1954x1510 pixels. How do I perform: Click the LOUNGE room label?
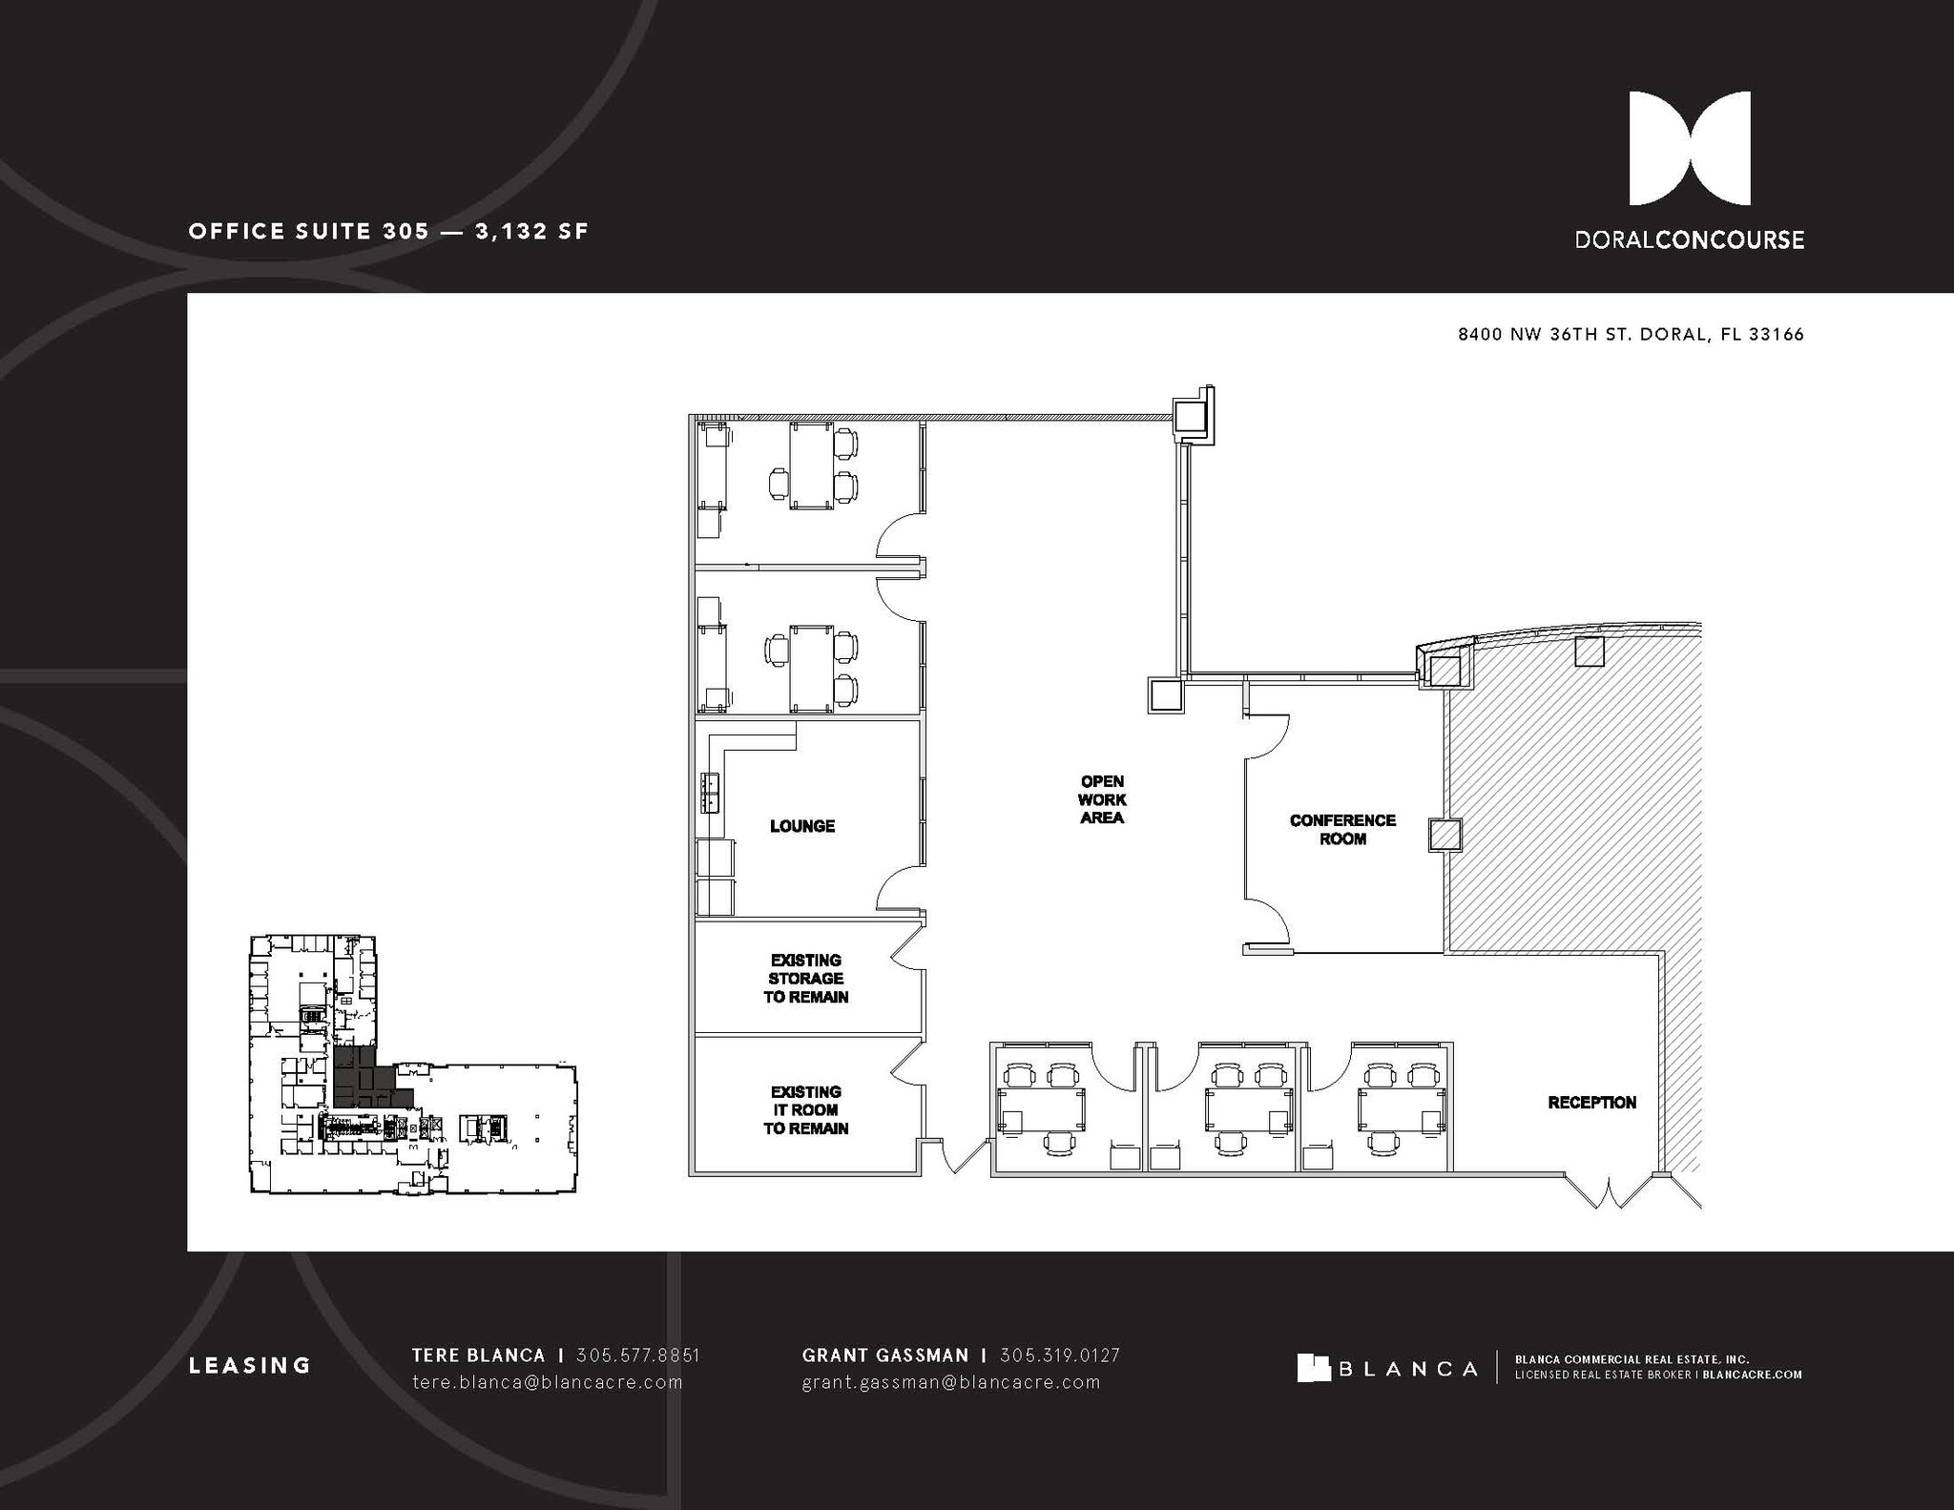coord(802,826)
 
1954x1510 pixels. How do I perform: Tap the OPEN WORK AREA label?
coord(1102,799)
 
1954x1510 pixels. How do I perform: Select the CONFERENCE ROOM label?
coord(1342,829)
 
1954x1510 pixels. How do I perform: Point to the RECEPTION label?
coord(1591,1103)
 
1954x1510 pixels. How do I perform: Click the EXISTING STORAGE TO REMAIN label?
coord(805,979)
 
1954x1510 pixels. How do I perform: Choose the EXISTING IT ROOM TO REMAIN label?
coord(805,1110)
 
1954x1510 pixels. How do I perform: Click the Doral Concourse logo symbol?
coord(1689,149)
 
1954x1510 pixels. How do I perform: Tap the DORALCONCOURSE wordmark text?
coord(1689,240)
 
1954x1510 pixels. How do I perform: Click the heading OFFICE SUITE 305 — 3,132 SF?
coord(388,232)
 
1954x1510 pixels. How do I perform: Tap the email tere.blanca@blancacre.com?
coord(547,1382)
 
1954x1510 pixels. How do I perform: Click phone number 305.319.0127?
coord(1059,1355)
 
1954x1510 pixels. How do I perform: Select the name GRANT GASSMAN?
coord(884,1355)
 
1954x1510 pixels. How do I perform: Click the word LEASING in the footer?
coord(250,1366)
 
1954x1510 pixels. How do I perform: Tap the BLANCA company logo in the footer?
coord(1386,1369)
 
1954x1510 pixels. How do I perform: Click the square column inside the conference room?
coord(1445,834)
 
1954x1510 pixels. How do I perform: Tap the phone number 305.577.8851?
coord(638,1355)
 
